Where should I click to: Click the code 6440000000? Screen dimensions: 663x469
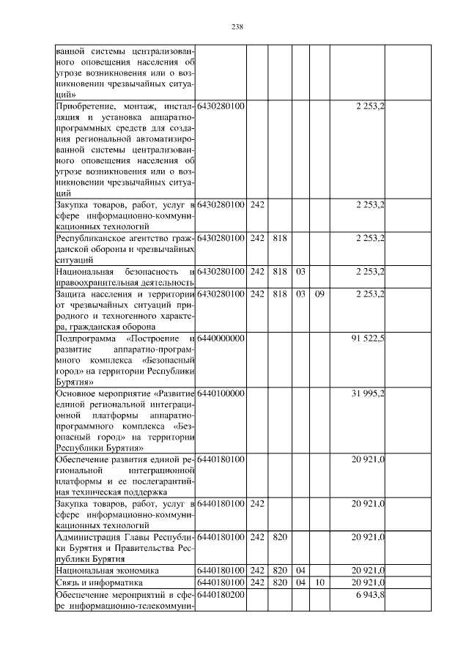220,339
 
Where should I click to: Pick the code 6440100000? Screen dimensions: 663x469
220,394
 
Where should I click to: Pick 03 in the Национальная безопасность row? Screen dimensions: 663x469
300,272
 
